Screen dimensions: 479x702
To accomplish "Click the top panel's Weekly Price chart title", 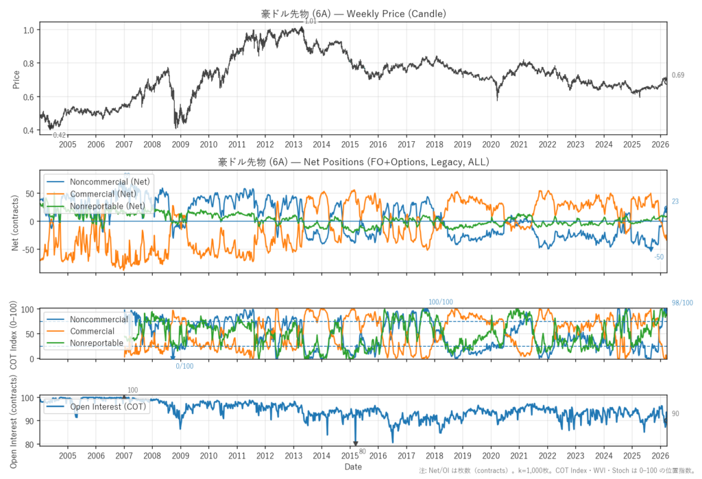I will (353, 14).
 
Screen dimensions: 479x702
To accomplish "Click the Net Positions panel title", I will (353, 162).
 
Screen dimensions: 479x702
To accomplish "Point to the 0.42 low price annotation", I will (60, 136).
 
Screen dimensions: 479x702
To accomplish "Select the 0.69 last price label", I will (678, 75).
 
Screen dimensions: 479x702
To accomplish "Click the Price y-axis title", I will (16, 79).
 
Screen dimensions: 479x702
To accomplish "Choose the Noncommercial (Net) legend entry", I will (110, 181).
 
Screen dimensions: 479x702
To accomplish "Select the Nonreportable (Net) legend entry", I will (107, 206).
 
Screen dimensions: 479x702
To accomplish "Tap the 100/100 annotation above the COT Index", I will (441, 302).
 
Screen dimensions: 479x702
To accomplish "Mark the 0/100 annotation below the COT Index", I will (184, 366).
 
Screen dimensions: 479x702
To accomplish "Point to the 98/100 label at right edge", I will (681, 303).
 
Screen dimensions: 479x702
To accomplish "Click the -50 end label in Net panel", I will (659, 257).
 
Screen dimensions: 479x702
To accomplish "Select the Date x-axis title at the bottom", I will (353, 467).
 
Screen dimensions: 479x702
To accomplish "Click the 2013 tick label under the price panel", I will (293, 145).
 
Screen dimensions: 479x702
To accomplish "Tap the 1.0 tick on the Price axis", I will (28, 30).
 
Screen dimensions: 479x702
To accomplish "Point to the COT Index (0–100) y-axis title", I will (16, 333).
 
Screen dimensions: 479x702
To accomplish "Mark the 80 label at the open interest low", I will (362, 452).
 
